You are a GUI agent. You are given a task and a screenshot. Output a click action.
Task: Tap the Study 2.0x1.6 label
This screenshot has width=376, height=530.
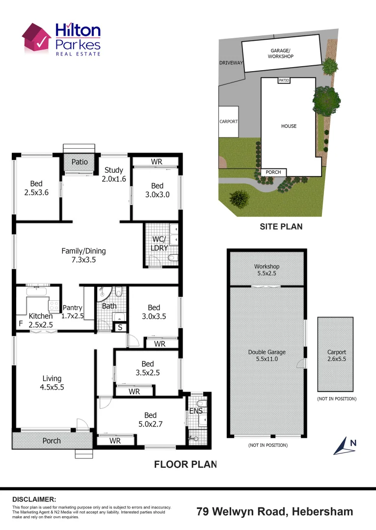coord(114,175)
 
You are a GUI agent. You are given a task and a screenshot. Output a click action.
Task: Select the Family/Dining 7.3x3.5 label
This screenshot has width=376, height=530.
coord(83,255)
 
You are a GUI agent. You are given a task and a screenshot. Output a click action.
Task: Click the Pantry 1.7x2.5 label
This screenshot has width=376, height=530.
coord(73,312)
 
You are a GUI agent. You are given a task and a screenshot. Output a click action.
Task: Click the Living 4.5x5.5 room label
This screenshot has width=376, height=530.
coord(52,382)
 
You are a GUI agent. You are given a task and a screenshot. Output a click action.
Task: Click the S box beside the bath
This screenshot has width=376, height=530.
coord(120,327)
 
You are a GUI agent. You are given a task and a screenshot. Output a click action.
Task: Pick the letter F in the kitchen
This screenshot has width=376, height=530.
coord(20,324)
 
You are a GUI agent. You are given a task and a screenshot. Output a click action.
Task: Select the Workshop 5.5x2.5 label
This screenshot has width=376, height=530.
coord(267,269)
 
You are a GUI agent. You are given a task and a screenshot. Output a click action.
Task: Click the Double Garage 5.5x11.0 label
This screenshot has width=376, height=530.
coord(267,355)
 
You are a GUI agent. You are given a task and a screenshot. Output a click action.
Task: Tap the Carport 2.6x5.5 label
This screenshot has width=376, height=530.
coord(336,355)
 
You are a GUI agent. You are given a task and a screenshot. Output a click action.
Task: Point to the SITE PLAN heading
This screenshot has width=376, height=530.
coord(281,227)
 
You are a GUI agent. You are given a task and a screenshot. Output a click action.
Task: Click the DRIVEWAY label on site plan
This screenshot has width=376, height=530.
coord(231,63)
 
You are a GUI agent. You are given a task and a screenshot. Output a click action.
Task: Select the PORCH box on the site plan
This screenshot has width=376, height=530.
coord(273,172)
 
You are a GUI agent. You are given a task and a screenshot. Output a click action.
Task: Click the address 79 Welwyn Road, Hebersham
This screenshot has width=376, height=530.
coord(274,511)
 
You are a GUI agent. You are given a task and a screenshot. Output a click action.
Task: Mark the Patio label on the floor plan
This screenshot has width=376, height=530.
coord(80,161)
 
